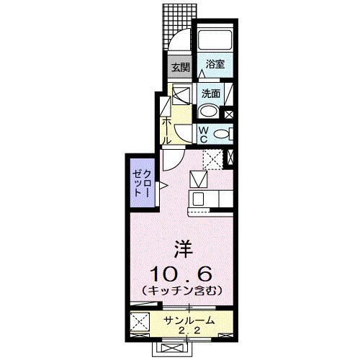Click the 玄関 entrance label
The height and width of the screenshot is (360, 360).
pos(179,68)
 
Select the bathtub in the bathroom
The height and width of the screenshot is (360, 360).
pos(214,39)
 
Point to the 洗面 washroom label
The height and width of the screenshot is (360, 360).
pos(210,93)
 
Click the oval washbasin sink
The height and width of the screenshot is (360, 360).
pos(209,111)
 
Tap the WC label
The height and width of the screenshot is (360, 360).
pos(204,134)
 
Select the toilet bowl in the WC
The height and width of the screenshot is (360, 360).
pos(223,133)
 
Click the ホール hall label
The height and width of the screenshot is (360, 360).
pos(166,130)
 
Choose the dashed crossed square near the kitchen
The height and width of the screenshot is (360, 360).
pos(212,159)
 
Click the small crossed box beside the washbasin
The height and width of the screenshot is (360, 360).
pos(230,112)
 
